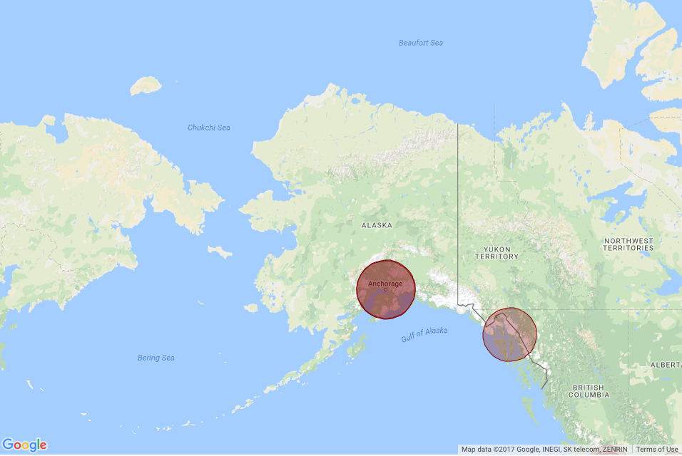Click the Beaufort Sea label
pos(420,43)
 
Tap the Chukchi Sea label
pos(208,128)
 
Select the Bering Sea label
pos(156,358)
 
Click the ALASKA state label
pos(377,225)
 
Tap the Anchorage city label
pos(386,284)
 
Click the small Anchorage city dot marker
pos(385,289)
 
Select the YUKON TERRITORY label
pos(497,253)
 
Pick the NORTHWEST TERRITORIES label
pos(628,244)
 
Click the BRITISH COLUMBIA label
pos(589,391)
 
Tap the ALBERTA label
pos(666,365)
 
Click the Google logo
pos(24,445)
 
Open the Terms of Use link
pos(657,450)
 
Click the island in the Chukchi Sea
pos(145,86)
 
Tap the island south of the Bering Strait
pos(220,252)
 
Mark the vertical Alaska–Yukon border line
pos(457,214)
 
